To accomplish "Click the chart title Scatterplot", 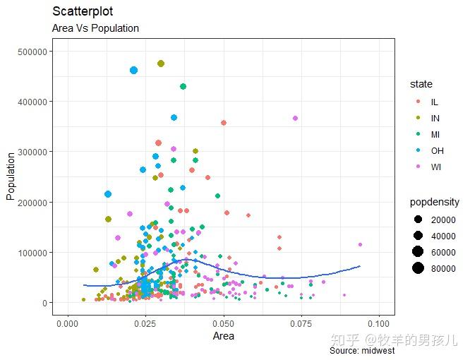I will (83, 12).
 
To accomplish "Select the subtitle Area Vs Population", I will (95, 29).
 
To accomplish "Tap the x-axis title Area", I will (223, 336).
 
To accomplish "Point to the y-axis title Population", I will (11, 176).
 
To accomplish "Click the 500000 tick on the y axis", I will (32, 52).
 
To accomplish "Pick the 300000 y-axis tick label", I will (32, 152).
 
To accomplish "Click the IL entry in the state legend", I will (434, 102).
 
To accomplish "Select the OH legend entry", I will (437, 150).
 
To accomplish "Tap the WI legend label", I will (435, 167).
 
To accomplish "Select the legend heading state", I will (421, 85).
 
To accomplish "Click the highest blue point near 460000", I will (134, 70).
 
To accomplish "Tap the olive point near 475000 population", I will (161, 64).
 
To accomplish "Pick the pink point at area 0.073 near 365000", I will (295, 118).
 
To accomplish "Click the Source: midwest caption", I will (362, 351).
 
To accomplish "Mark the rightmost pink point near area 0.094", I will (360, 245).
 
